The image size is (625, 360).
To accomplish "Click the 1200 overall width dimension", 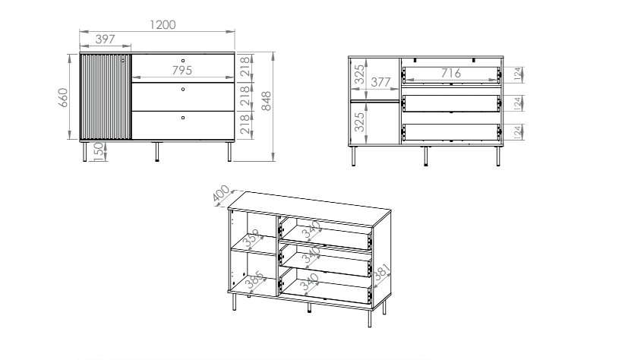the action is [x=163, y=25].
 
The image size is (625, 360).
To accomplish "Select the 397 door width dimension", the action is [x=106, y=39].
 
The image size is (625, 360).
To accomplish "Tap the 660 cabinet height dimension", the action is [x=63, y=97].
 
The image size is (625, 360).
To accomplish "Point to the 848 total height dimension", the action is [x=266, y=101].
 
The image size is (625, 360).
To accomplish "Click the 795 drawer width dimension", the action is [x=182, y=71].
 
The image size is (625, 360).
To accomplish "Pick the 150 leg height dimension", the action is [x=99, y=152].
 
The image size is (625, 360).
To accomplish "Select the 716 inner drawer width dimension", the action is [x=451, y=73].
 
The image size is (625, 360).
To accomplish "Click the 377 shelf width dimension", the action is [x=380, y=82].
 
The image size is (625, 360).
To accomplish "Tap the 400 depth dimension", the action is [x=221, y=194].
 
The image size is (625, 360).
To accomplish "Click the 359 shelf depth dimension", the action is [x=251, y=238].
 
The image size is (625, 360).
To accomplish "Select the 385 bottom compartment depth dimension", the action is [x=254, y=279].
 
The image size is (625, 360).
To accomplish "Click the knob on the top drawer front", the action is [x=183, y=61].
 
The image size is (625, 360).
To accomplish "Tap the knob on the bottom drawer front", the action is [x=183, y=118].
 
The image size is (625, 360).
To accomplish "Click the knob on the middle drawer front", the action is [x=183, y=90].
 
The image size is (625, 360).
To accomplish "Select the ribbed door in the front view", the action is [x=106, y=97].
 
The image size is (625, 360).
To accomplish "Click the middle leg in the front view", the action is [x=157, y=151].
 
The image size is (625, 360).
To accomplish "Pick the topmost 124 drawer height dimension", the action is [x=517, y=74].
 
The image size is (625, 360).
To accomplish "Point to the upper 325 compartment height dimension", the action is [x=359, y=74].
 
